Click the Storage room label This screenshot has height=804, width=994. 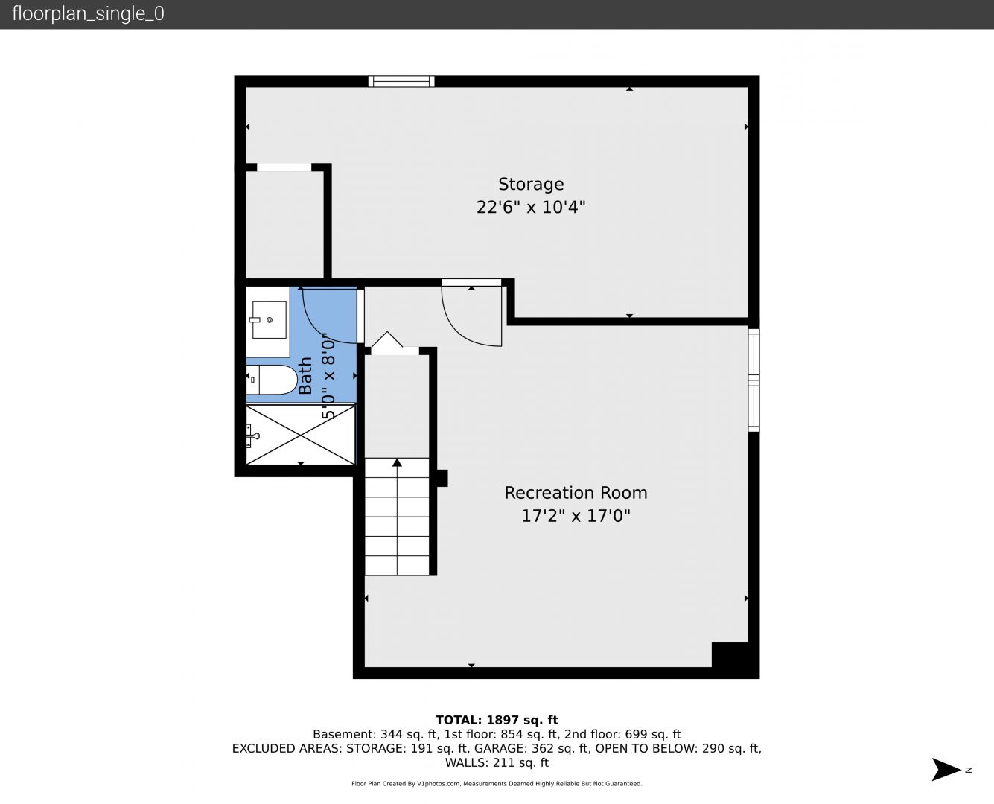[x=531, y=185]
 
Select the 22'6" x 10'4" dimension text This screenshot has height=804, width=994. [x=531, y=207]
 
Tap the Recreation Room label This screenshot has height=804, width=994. [x=576, y=493]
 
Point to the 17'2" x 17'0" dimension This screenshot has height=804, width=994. [x=576, y=516]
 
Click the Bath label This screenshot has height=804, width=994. [x=305, y=376]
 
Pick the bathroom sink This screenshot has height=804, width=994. [x=268, y=320]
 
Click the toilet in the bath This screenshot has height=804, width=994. [x=272, y=380]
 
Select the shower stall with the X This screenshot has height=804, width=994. [x=301, y=435]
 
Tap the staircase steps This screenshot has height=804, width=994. [x=397, y=517]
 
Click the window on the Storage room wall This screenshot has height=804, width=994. [x=401, y=81]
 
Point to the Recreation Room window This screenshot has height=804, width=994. [x=754, y=380]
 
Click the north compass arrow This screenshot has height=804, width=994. [x=946, y=770]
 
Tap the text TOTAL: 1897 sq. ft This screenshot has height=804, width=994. [x=497, y=720]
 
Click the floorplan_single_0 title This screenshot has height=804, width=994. [x=88, y=14]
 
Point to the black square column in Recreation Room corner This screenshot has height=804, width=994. [x=730, y=655]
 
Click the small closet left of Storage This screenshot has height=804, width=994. [x=284, y=225]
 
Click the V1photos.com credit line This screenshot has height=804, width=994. [x=497, y=784]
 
